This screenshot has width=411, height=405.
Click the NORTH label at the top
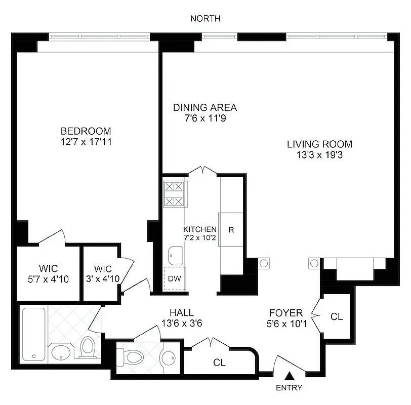pos(205,19)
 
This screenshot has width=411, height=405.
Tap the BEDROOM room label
pos(85,131)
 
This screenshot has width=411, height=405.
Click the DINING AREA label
pos(205,107)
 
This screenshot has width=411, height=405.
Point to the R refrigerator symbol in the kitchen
pos(231,229)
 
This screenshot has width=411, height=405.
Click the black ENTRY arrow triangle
pos(290,376)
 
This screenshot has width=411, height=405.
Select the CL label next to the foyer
pos(336,317)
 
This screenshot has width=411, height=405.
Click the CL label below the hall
pos(219,362)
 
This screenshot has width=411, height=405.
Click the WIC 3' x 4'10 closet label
pos(103,273)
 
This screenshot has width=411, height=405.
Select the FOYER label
pos(285,313)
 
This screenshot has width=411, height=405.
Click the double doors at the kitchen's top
pos(204,170)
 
